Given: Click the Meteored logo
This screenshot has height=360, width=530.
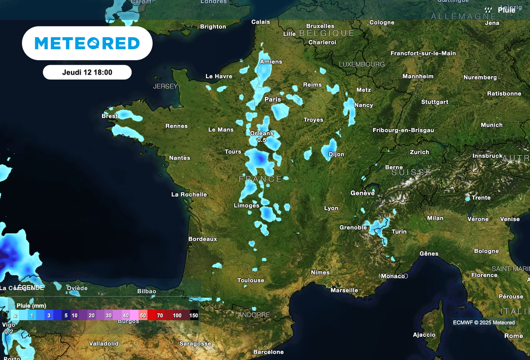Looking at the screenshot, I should coord(87,43).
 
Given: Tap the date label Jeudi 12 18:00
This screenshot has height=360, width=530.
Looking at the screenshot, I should coord(87,73).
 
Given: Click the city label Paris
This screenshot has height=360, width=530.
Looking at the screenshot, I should coord(273,99).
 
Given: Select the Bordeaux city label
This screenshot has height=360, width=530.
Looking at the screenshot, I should coord(202,239).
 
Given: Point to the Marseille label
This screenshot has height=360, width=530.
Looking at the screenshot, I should coord(344,290).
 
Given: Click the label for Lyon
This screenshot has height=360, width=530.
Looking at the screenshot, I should coord(331,208).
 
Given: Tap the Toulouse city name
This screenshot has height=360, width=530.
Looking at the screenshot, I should coord(251,280).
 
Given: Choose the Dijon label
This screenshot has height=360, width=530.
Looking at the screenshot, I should coord(336,154).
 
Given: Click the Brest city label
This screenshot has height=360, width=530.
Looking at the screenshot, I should coord(109,116).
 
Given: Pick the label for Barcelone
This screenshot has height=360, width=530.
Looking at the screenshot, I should coord(268,352).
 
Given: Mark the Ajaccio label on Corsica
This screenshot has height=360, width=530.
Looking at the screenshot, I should coord(424,335).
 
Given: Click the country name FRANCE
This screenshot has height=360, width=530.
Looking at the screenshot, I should coord(260,179).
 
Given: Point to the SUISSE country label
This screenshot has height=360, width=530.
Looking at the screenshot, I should coord(411,172).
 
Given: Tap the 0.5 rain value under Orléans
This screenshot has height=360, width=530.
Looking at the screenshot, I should coord(261,140).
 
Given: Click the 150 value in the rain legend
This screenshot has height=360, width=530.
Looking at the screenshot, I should coord(194,315).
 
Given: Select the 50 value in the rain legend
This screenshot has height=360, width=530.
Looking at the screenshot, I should coord(143,315).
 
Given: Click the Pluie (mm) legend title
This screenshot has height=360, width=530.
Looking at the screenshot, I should coord(31,306).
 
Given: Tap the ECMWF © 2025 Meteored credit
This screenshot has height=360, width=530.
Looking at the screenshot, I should coord(484,323).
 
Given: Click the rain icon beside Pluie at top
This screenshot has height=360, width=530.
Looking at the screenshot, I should coord(488,10).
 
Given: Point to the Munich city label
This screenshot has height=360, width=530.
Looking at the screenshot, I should coord(491,125).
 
